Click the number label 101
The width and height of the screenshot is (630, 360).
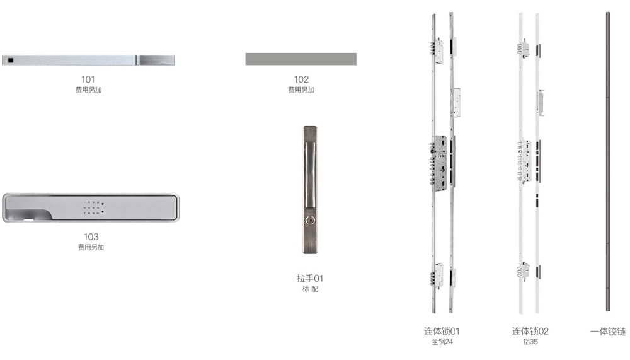click(x=88, y=79)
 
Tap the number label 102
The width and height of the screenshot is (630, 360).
click(x=301, y=79)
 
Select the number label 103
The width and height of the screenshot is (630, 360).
click(x=91, y=236)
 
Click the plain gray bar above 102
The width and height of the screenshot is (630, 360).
click(x=301, y=59)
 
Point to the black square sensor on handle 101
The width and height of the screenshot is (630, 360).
click(x=11, y=61)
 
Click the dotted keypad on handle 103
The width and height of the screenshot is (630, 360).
click(x=93, y=207)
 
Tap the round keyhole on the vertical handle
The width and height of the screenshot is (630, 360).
click(x=310, y=220)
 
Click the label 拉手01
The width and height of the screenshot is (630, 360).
click(x=310, y=278)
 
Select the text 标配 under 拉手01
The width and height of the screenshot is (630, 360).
click(x=310, y=288)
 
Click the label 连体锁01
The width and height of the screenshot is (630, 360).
click(x=442, y=331)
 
